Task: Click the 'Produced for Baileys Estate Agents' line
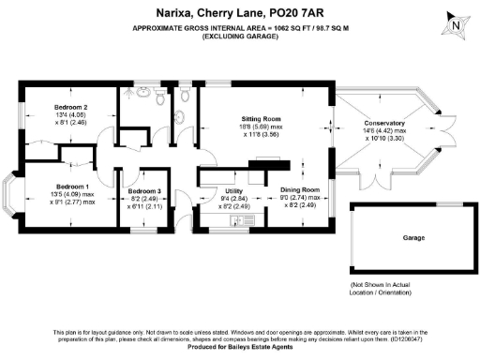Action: pos(240,348)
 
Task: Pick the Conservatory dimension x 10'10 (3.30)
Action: pos(385,138)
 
